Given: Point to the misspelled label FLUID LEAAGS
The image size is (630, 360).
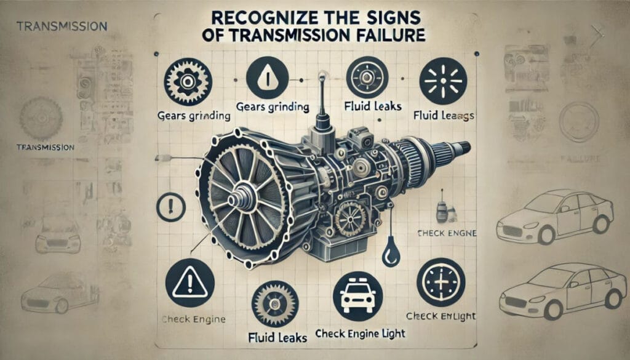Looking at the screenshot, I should pos(442,114).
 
